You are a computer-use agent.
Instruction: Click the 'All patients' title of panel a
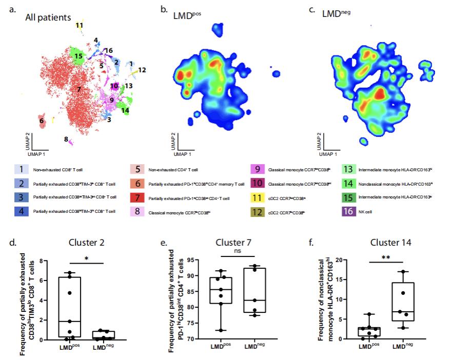[x=48, y=17]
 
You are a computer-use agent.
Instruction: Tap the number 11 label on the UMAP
[x=79, y=25]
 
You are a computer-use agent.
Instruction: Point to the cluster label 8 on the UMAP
[x=66, y=139]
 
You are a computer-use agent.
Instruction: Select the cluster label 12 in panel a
[x=142, y=70]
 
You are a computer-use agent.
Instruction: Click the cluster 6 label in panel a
[x=41, y=121]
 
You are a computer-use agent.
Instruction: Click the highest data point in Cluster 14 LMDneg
[x=405, y=272]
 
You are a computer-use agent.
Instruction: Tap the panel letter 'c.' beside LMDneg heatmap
[x=311, y=9]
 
